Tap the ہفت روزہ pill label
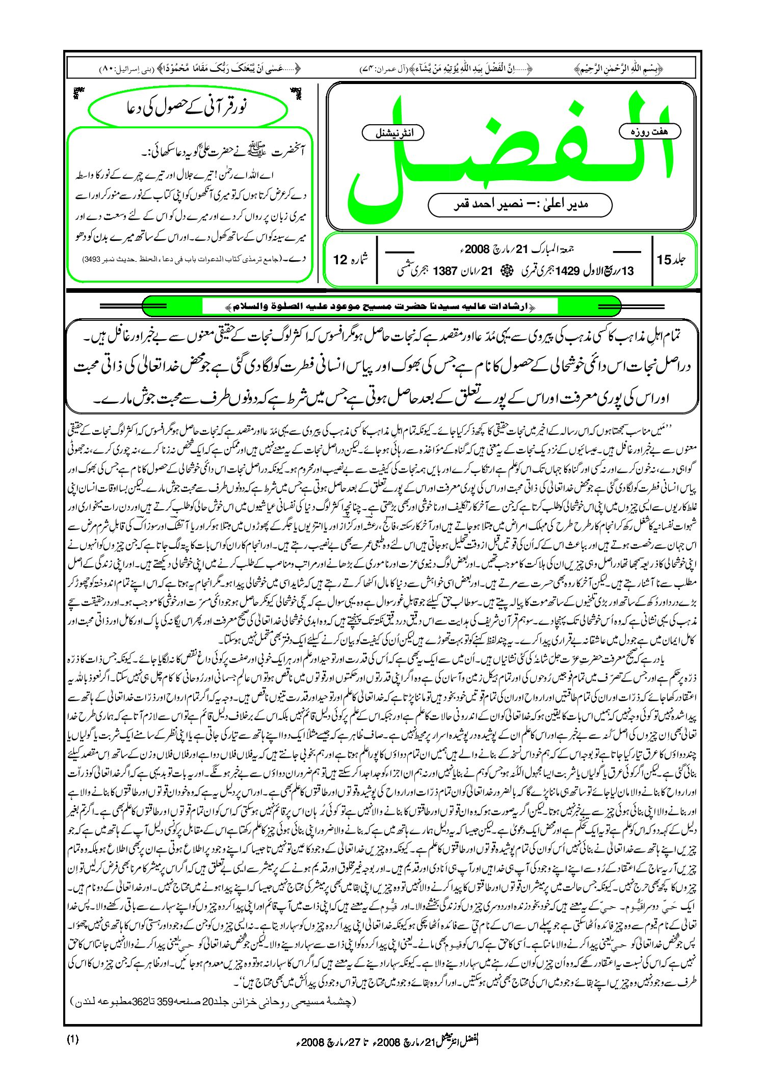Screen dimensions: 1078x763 point(649,131)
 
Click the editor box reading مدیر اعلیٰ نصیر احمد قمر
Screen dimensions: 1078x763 point(519,204)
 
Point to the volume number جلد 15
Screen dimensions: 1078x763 point(671,260)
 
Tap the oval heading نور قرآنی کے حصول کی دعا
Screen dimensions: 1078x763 point(187,108)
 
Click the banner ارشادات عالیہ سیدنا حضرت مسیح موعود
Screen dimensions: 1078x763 point(380,307)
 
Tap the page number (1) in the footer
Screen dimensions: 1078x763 point(73,1040)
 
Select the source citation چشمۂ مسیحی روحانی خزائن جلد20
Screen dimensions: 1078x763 point(214,1002)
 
